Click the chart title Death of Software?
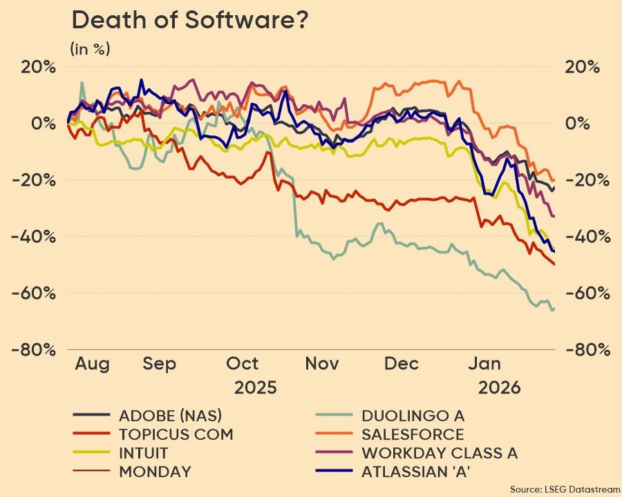[189, 21]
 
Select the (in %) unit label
[91, 49]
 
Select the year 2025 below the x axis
[255, 387]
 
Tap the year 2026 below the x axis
[500, 387]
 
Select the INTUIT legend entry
[143, 454]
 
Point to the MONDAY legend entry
[155, 472]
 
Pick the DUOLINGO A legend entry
[413, 416]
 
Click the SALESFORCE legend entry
[413, 434]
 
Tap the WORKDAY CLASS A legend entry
[440, 454]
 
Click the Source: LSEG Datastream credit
[565, 489]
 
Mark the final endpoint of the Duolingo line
[553, 309]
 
